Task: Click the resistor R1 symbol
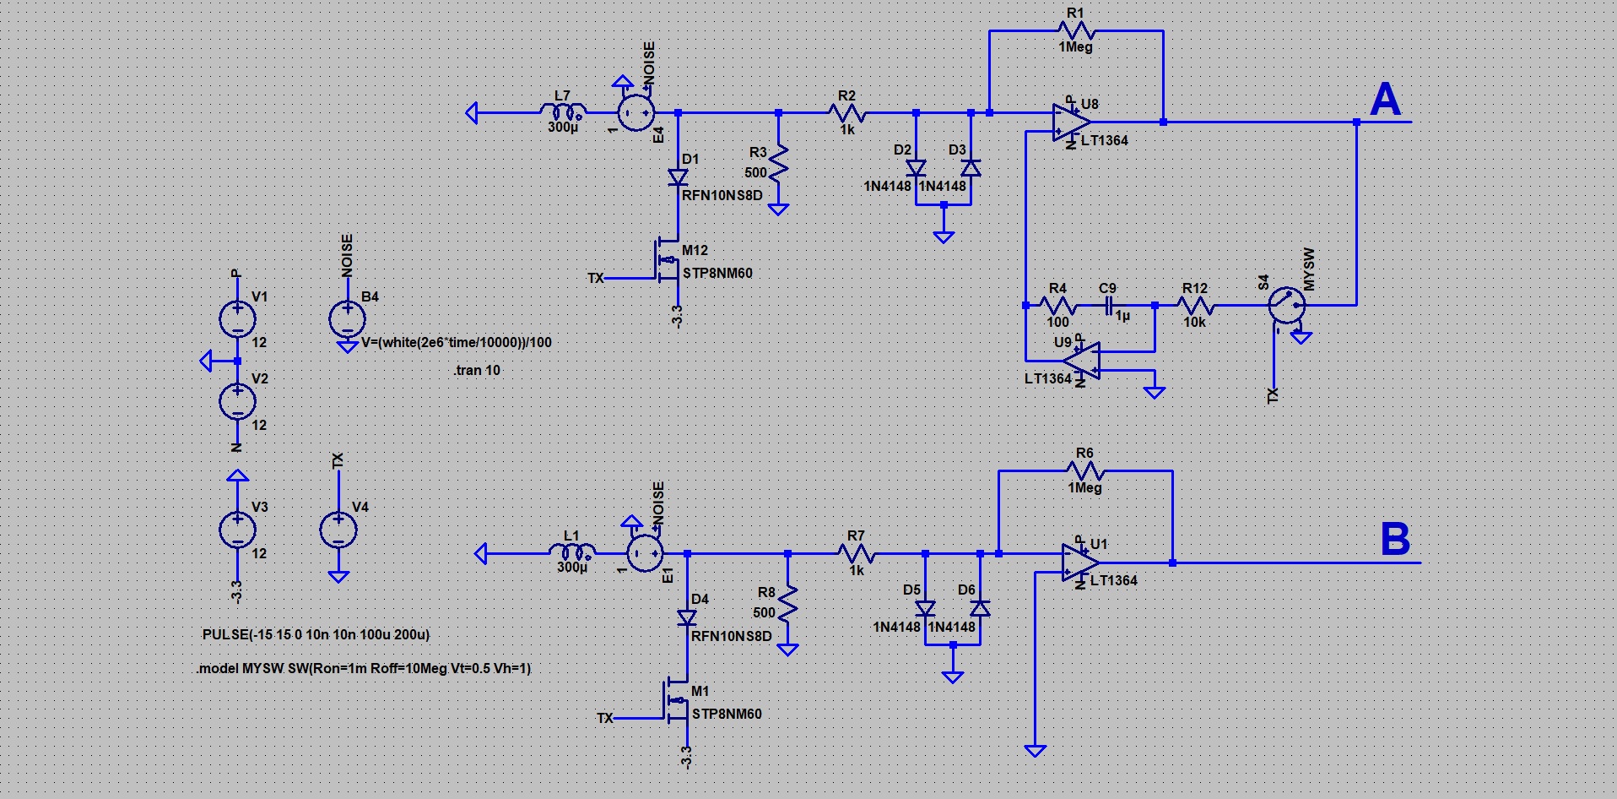click(x=1076, y=31)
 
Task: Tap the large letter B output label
click(x=1395, y=539)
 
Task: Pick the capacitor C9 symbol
click(x=1109, y=305)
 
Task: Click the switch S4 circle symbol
click(x=1287, y=305)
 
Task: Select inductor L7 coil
click(x=563, y=111)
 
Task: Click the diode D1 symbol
click(x=678, y=177)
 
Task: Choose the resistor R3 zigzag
click(x=779, y=164)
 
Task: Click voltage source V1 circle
click(x=237, y=319)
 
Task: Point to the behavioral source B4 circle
click(x=347, y=319)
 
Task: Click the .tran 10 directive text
click(x=477, y=370)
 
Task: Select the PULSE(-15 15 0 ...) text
click(x=316, y=634)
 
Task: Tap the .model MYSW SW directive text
click(x=364, y=668)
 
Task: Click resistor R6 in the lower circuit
click(x=1085, y=471)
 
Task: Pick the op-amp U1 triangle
click(x=1081, y=563)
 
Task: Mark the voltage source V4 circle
click(x=338, y=530)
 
